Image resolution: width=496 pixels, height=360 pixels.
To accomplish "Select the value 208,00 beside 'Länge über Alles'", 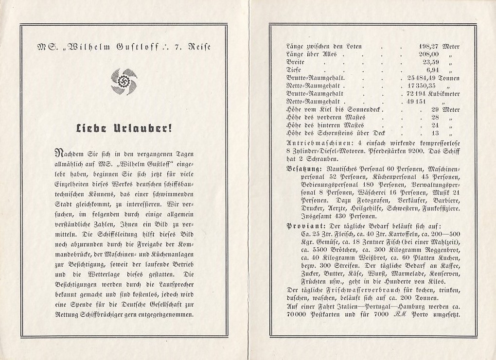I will pyautogui.click(x=428, y=54).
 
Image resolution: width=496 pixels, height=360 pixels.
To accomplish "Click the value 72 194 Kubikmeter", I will pyautogui.click(x=433, y=93).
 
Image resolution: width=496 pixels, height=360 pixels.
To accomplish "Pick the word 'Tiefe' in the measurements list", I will pyautogui.click(x=294, y=70).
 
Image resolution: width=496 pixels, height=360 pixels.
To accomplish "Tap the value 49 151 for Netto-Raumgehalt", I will pyautogui.click(x=415, y=101).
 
